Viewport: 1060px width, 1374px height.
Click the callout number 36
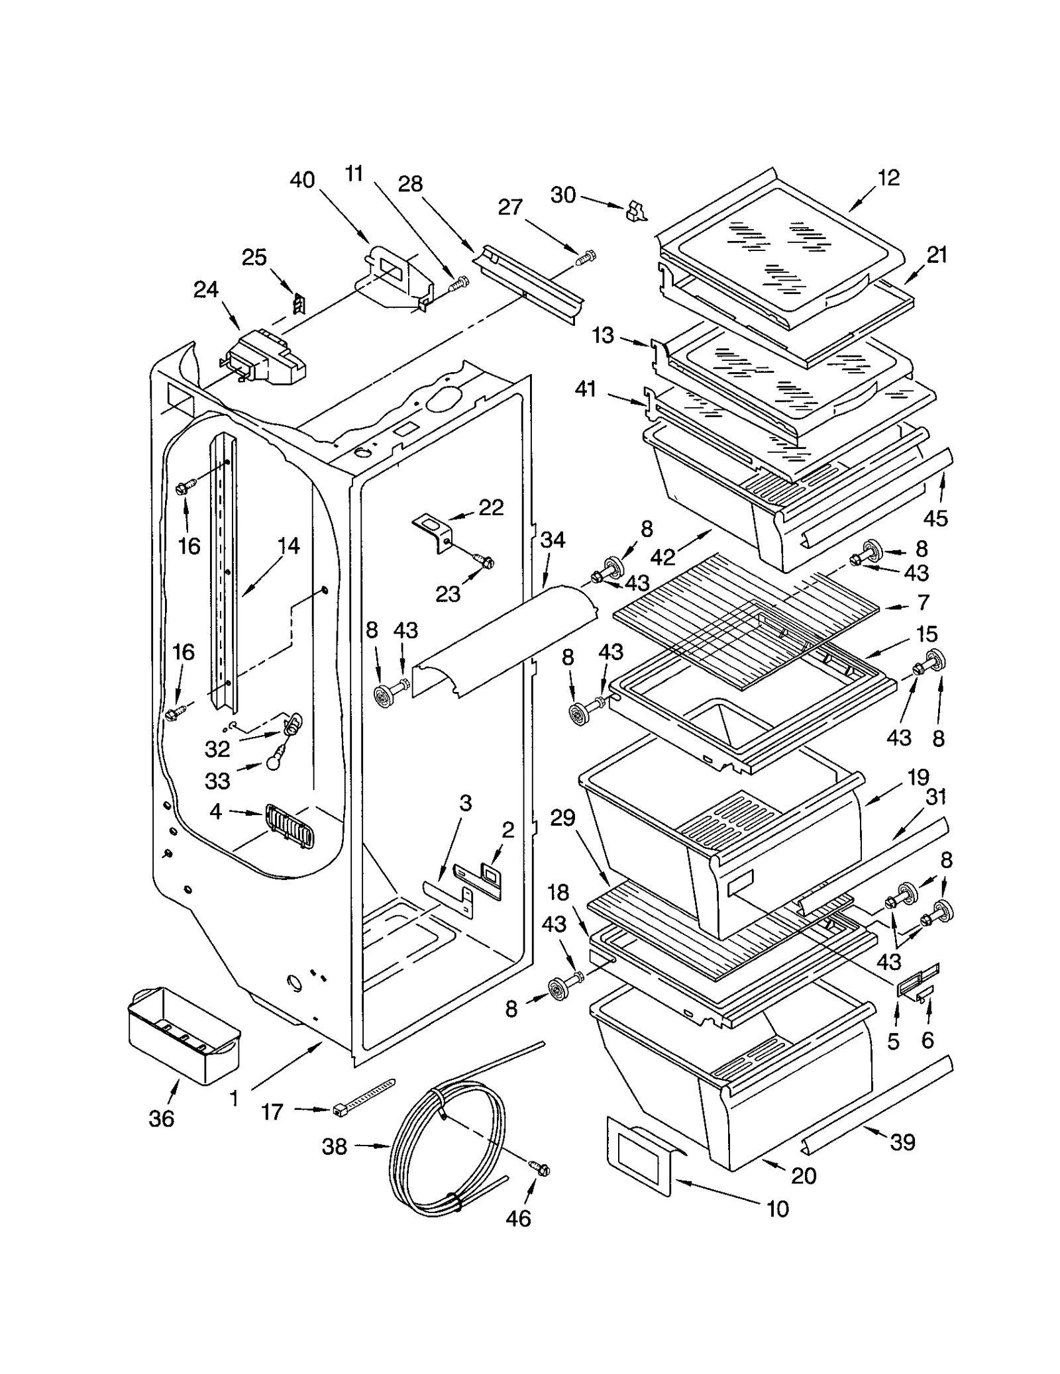(161, 1118)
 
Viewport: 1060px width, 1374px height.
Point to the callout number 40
(302, 180)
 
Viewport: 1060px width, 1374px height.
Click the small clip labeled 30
(635, 211)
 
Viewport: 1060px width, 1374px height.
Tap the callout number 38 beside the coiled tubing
(334, 1146)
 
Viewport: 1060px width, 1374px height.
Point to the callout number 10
(777, 1209)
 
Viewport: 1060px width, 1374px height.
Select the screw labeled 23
(486, 562)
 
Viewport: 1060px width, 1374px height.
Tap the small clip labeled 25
(299, 304)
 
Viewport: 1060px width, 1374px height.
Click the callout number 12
(888, 177)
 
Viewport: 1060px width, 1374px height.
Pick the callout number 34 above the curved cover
(552, 540)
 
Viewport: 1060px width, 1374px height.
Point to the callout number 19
(918, 777)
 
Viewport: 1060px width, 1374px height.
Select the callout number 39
(902, 1142)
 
